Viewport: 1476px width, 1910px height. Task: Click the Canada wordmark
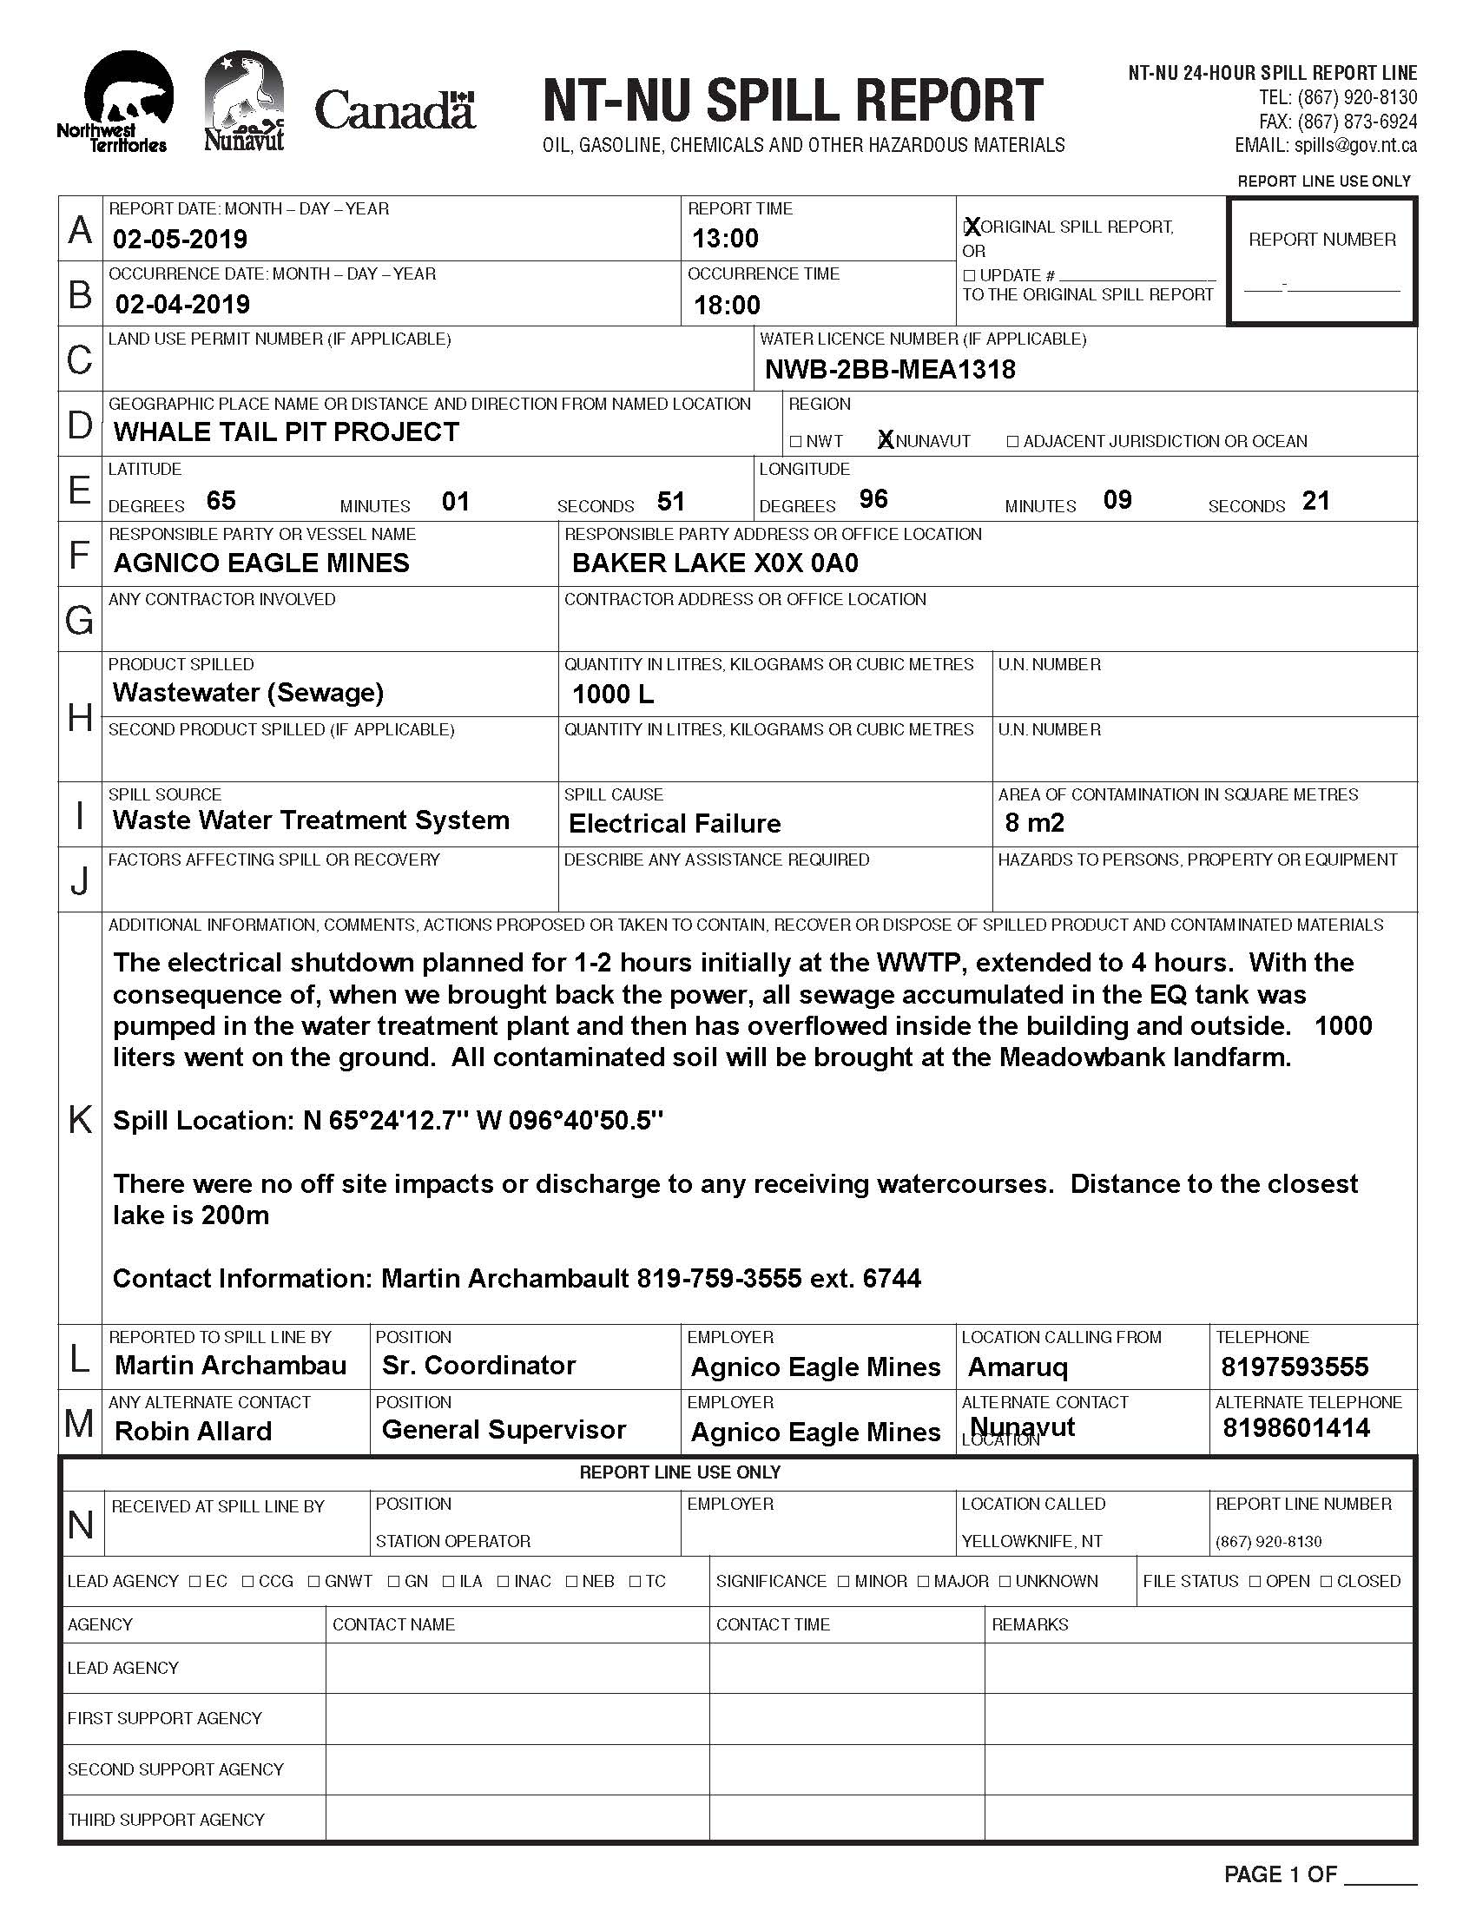pos(394,111)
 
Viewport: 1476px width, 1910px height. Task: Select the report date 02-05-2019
pos(180,239)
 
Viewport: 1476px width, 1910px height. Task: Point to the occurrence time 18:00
pos(727,305)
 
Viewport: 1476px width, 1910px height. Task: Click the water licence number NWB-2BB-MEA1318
pos(890,369)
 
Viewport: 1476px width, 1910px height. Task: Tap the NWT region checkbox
pos(795,442)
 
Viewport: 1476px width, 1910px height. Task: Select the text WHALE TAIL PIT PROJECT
pos(286,432)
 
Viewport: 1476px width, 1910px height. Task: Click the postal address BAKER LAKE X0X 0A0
pos(715,563)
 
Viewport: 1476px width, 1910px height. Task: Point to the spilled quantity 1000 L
pos(612,694)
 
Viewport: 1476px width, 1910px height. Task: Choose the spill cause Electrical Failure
pos(674,823)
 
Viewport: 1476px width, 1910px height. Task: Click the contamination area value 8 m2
pos(1034,822)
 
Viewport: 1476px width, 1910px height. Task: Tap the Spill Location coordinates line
pos(388,1120)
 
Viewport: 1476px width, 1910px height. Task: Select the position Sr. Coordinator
pos(478,1365)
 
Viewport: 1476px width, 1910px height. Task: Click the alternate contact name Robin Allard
pos(194,1431)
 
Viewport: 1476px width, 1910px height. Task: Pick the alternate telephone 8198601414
pos(1296,1428)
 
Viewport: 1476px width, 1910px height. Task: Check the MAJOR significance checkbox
pos(924,1581)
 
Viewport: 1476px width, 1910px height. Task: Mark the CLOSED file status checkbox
pos(1326,1581)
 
